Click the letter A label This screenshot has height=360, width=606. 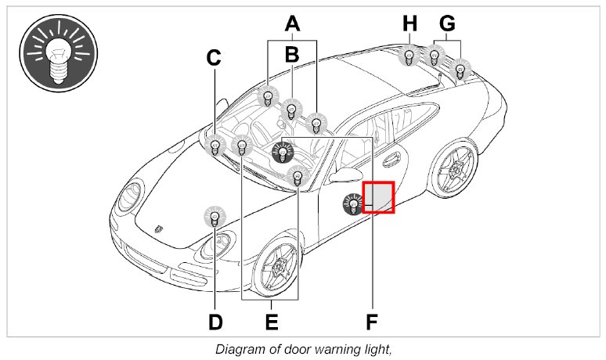pyautogui.click(x=292, y=23)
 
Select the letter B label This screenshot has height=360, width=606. pyautogui.click(x=292, y=55)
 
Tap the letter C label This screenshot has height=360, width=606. pyautogui.click(x=214, y=58)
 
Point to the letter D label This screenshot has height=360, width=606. pyautogui.click(x=215, y=321)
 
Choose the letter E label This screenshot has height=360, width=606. pyautogui.click(x=271, y=321)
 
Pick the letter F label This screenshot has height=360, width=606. pyautogui.click(x=372, y=321)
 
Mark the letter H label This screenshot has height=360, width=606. pyautogui.click(x=409, y=24)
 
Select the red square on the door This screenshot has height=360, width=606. pyautogui.click(x=379, y=197)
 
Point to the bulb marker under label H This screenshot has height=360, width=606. pyautogui.click(x=409, y=56)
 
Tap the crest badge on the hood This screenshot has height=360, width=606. pyautogui.click(x=158, y=229)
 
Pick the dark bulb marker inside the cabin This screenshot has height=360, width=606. pyautogui.click(x=283, y=152)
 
